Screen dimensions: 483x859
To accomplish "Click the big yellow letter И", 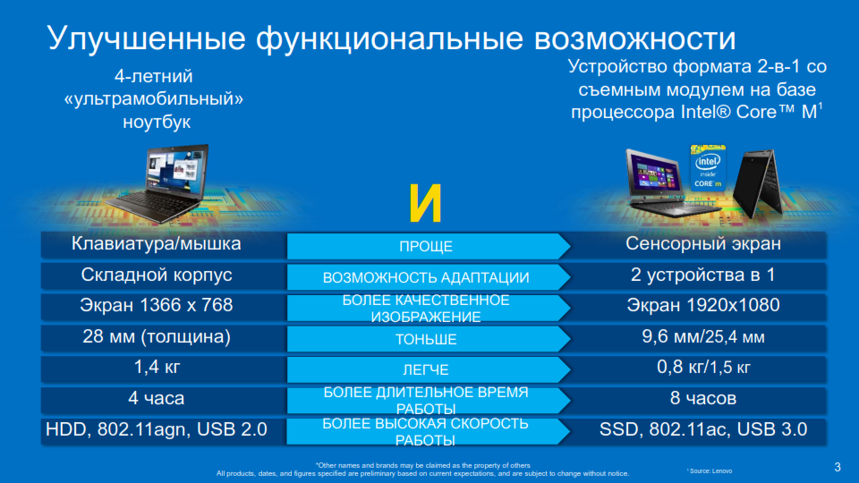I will [426, 205].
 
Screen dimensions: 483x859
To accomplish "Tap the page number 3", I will [837, 465].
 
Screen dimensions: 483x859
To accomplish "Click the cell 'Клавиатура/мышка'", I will [157, 243].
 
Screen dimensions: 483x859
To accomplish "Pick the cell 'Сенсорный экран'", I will [704, 244].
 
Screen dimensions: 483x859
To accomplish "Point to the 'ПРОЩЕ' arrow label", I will [426, 247].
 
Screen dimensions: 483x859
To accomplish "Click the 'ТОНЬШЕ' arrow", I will [426, 340].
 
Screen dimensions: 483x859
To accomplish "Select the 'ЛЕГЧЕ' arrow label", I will [426, 369].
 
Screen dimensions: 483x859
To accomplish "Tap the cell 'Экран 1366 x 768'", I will [157, 305].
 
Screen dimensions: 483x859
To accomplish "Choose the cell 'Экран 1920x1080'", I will [704, 305].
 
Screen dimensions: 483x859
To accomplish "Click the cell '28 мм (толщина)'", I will [157, 337].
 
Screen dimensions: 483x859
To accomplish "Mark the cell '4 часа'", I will [157, 398].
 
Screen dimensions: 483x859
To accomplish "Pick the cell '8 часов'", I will [704, 398].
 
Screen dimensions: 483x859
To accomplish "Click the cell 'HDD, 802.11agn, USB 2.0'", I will [157, 429].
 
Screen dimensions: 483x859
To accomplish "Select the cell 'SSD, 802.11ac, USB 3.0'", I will [704, 429].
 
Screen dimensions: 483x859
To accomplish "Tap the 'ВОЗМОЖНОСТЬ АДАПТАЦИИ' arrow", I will [426, 277].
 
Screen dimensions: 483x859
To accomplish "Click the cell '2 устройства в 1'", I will [704, 275].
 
